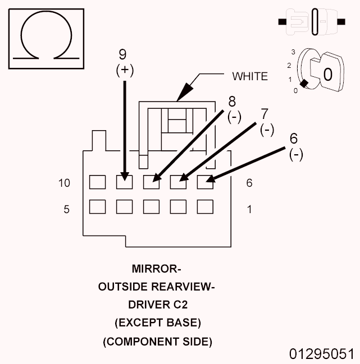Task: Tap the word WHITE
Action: point(250,76)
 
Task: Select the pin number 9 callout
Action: point(122,54)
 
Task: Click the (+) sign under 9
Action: point(122,70)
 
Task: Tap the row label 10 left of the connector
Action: point(64,183)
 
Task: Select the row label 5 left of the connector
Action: point(67,209)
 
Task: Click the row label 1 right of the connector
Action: point(249,209)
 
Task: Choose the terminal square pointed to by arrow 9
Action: point(124,182)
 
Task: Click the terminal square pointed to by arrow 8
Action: point(151,182)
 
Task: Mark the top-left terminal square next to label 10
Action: point(97,182)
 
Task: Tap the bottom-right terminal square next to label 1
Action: point(205,207)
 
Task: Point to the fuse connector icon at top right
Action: point(311,22)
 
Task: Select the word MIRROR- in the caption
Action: point(157,268)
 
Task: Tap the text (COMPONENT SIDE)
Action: point(157,341)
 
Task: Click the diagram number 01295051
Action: point(322,354)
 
